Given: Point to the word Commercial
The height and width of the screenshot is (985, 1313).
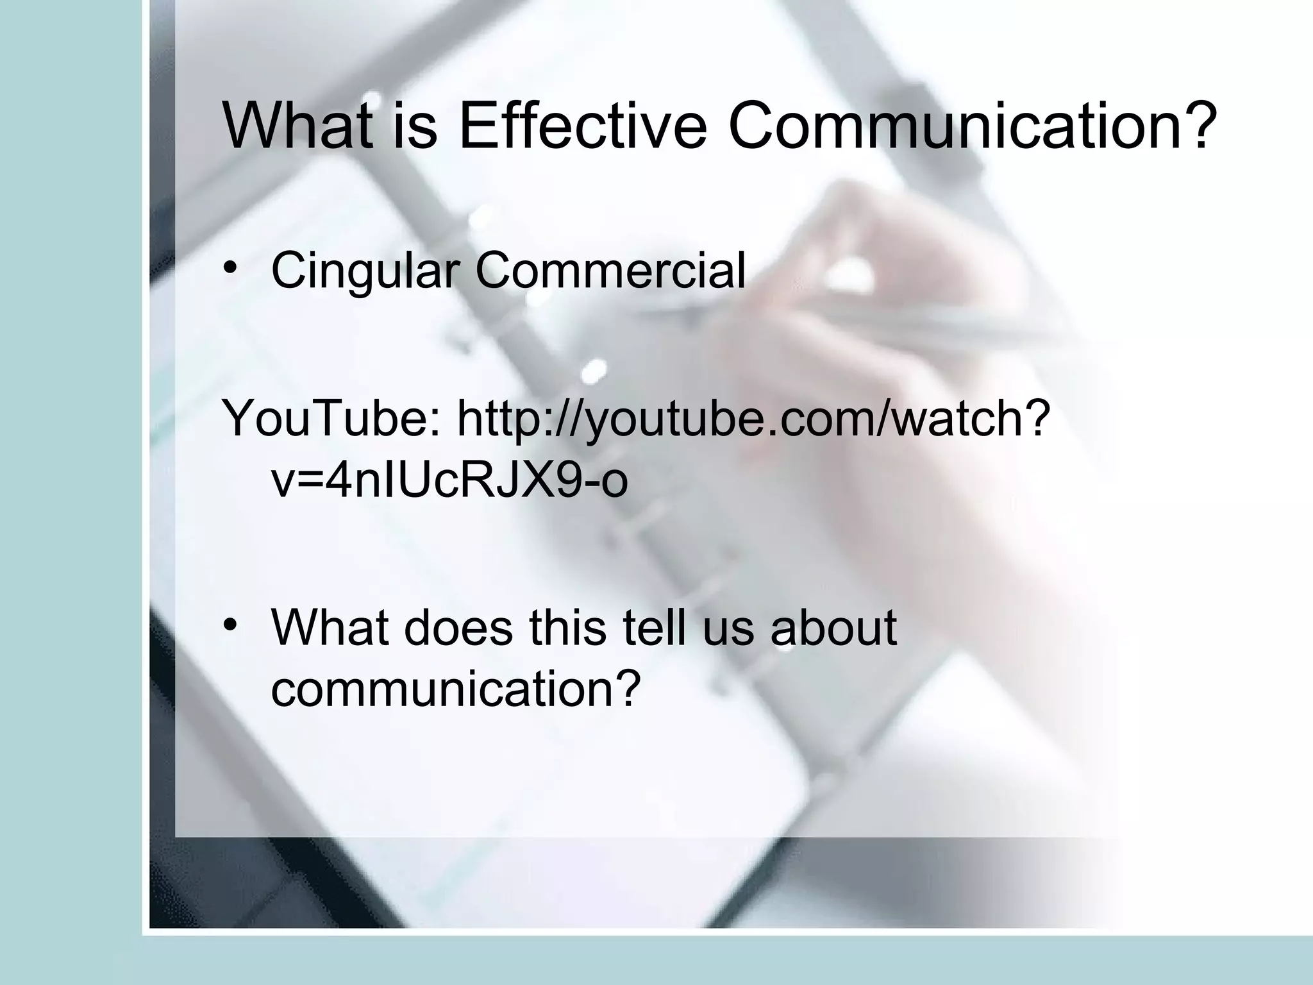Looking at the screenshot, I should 610,270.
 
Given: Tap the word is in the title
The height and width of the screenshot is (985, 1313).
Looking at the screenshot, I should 417,126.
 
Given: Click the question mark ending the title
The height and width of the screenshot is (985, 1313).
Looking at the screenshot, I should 1198,126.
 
